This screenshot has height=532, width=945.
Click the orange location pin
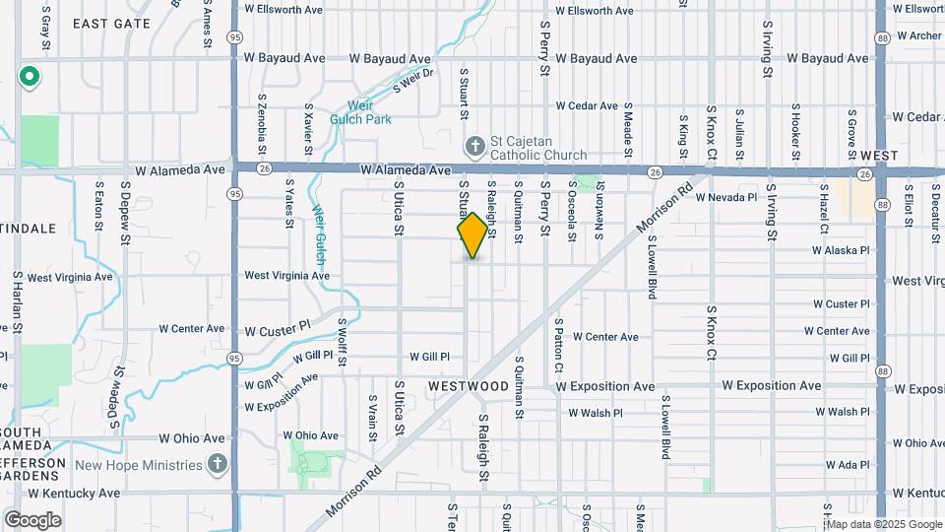473,234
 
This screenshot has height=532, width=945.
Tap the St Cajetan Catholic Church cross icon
474,146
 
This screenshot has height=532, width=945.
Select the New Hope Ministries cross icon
218,464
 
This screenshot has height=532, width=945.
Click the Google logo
32,520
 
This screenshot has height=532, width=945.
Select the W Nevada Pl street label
725,197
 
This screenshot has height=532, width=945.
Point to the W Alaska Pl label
842,250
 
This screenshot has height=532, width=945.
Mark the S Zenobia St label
262,118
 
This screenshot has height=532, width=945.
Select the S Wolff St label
342,341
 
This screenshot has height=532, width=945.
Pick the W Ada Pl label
849,465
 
